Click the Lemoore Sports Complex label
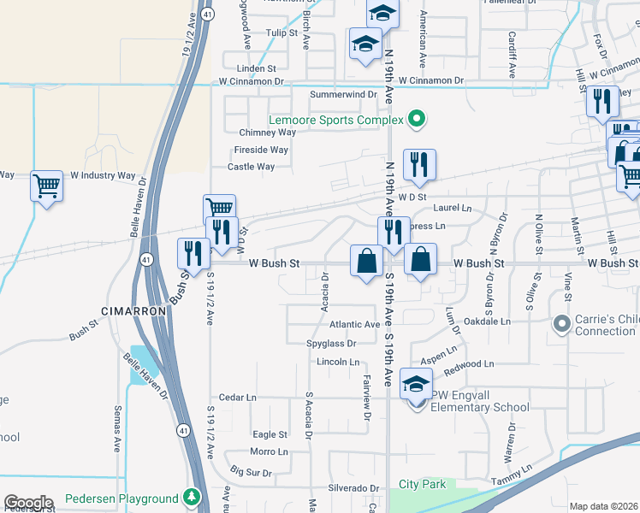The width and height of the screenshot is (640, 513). pos(335,121)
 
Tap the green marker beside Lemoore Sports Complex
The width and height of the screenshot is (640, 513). pos(417,119)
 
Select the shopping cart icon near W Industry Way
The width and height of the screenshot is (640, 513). pos(46,186)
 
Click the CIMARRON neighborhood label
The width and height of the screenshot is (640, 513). pos(133,312)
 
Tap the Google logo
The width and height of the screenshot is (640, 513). pos(28,503)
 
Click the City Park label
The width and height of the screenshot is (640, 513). pos(422,484)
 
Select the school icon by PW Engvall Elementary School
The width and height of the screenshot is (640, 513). pos(416,386)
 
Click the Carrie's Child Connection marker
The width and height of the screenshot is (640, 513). pos(561,323)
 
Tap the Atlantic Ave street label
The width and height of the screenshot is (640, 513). pos(354,325)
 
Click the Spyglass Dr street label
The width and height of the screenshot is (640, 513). pos(330,344)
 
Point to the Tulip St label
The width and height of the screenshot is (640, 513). pos(280,33)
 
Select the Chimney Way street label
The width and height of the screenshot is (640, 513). pos(267,133)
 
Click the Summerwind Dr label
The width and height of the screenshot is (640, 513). pos(343,94)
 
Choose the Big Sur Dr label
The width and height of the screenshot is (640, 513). pos(251,472)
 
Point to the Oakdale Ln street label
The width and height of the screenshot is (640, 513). pos(487,322)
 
